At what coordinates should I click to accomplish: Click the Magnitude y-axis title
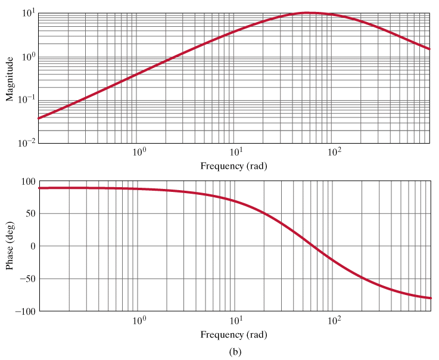(x=10, y=78)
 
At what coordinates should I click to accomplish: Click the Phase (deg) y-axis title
(x=10, y=246)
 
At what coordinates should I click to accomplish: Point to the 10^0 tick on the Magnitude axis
(x=27, y=57)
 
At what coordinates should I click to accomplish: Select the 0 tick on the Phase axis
(x=32, y=246)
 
